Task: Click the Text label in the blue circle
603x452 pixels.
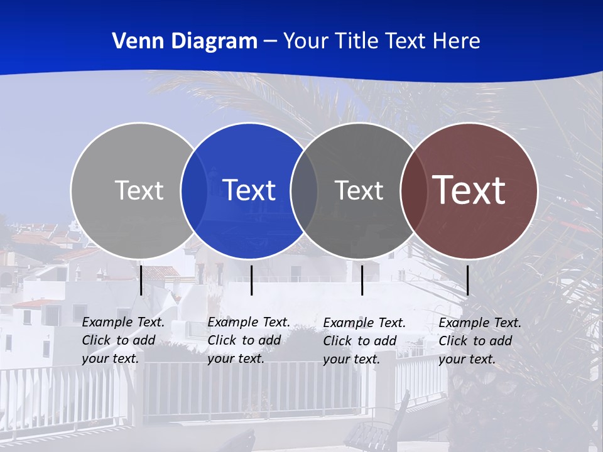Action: (x=249, y=190)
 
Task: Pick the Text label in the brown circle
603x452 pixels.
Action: (x=469, y=190)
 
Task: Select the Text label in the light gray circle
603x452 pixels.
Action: (x=139, y=190)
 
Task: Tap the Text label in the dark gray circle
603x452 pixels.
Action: (x=359, y=190)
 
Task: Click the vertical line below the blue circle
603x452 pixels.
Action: (x=251, y=280)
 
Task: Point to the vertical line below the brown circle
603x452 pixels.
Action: (x=467, y=280)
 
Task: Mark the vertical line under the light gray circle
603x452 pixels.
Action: (x=141, y=280)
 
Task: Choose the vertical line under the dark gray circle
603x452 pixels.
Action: (x=362, y=280)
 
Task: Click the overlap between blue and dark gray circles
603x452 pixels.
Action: (x=304, y=191)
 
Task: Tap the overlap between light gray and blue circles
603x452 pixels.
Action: (x=194, y=191)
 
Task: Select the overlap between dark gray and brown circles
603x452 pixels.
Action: (x=414, y=191)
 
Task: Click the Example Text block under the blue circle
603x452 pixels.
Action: (x=248, y=340)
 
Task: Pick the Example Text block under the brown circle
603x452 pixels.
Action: (x=479, y=341)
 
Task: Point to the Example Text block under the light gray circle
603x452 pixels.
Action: (x=122, y=340)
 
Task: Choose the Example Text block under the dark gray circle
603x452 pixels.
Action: (x=364, y=341)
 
